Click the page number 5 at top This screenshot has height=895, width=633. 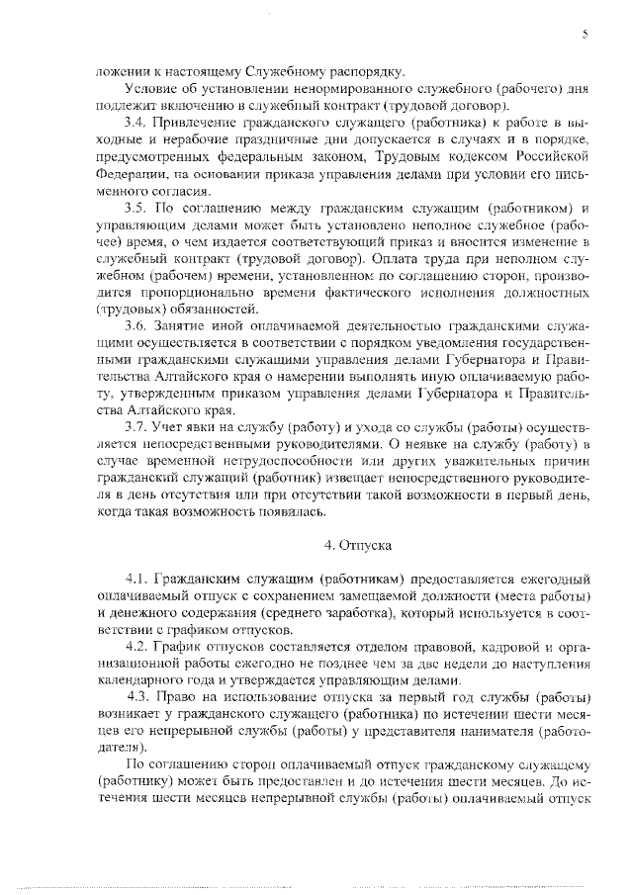coord(586,34)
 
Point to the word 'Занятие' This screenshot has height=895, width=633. coord(178,327)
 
